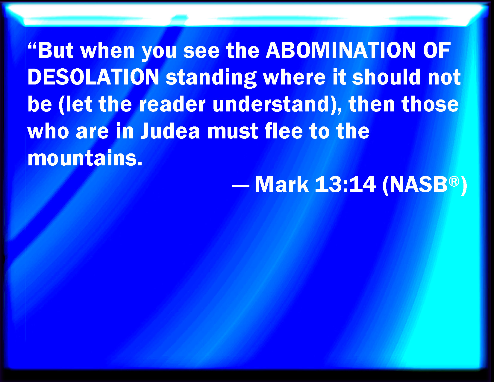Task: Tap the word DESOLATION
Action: pyautogui.click(x=93, y=77)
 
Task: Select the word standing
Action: pyautogui.click(x=211, y=78)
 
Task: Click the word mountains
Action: pyautogui.click(x=85, y=158)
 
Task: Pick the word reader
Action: pyautogui.click(x=172, y=104)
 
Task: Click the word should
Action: pyautogui.click(x=386, y=77)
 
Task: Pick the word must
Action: pyautogui.click(x=233, y=131)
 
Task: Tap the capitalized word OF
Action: pyautogui.click(x=437, y=50)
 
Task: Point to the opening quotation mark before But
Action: pyautogui.click(x=32, y=46)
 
